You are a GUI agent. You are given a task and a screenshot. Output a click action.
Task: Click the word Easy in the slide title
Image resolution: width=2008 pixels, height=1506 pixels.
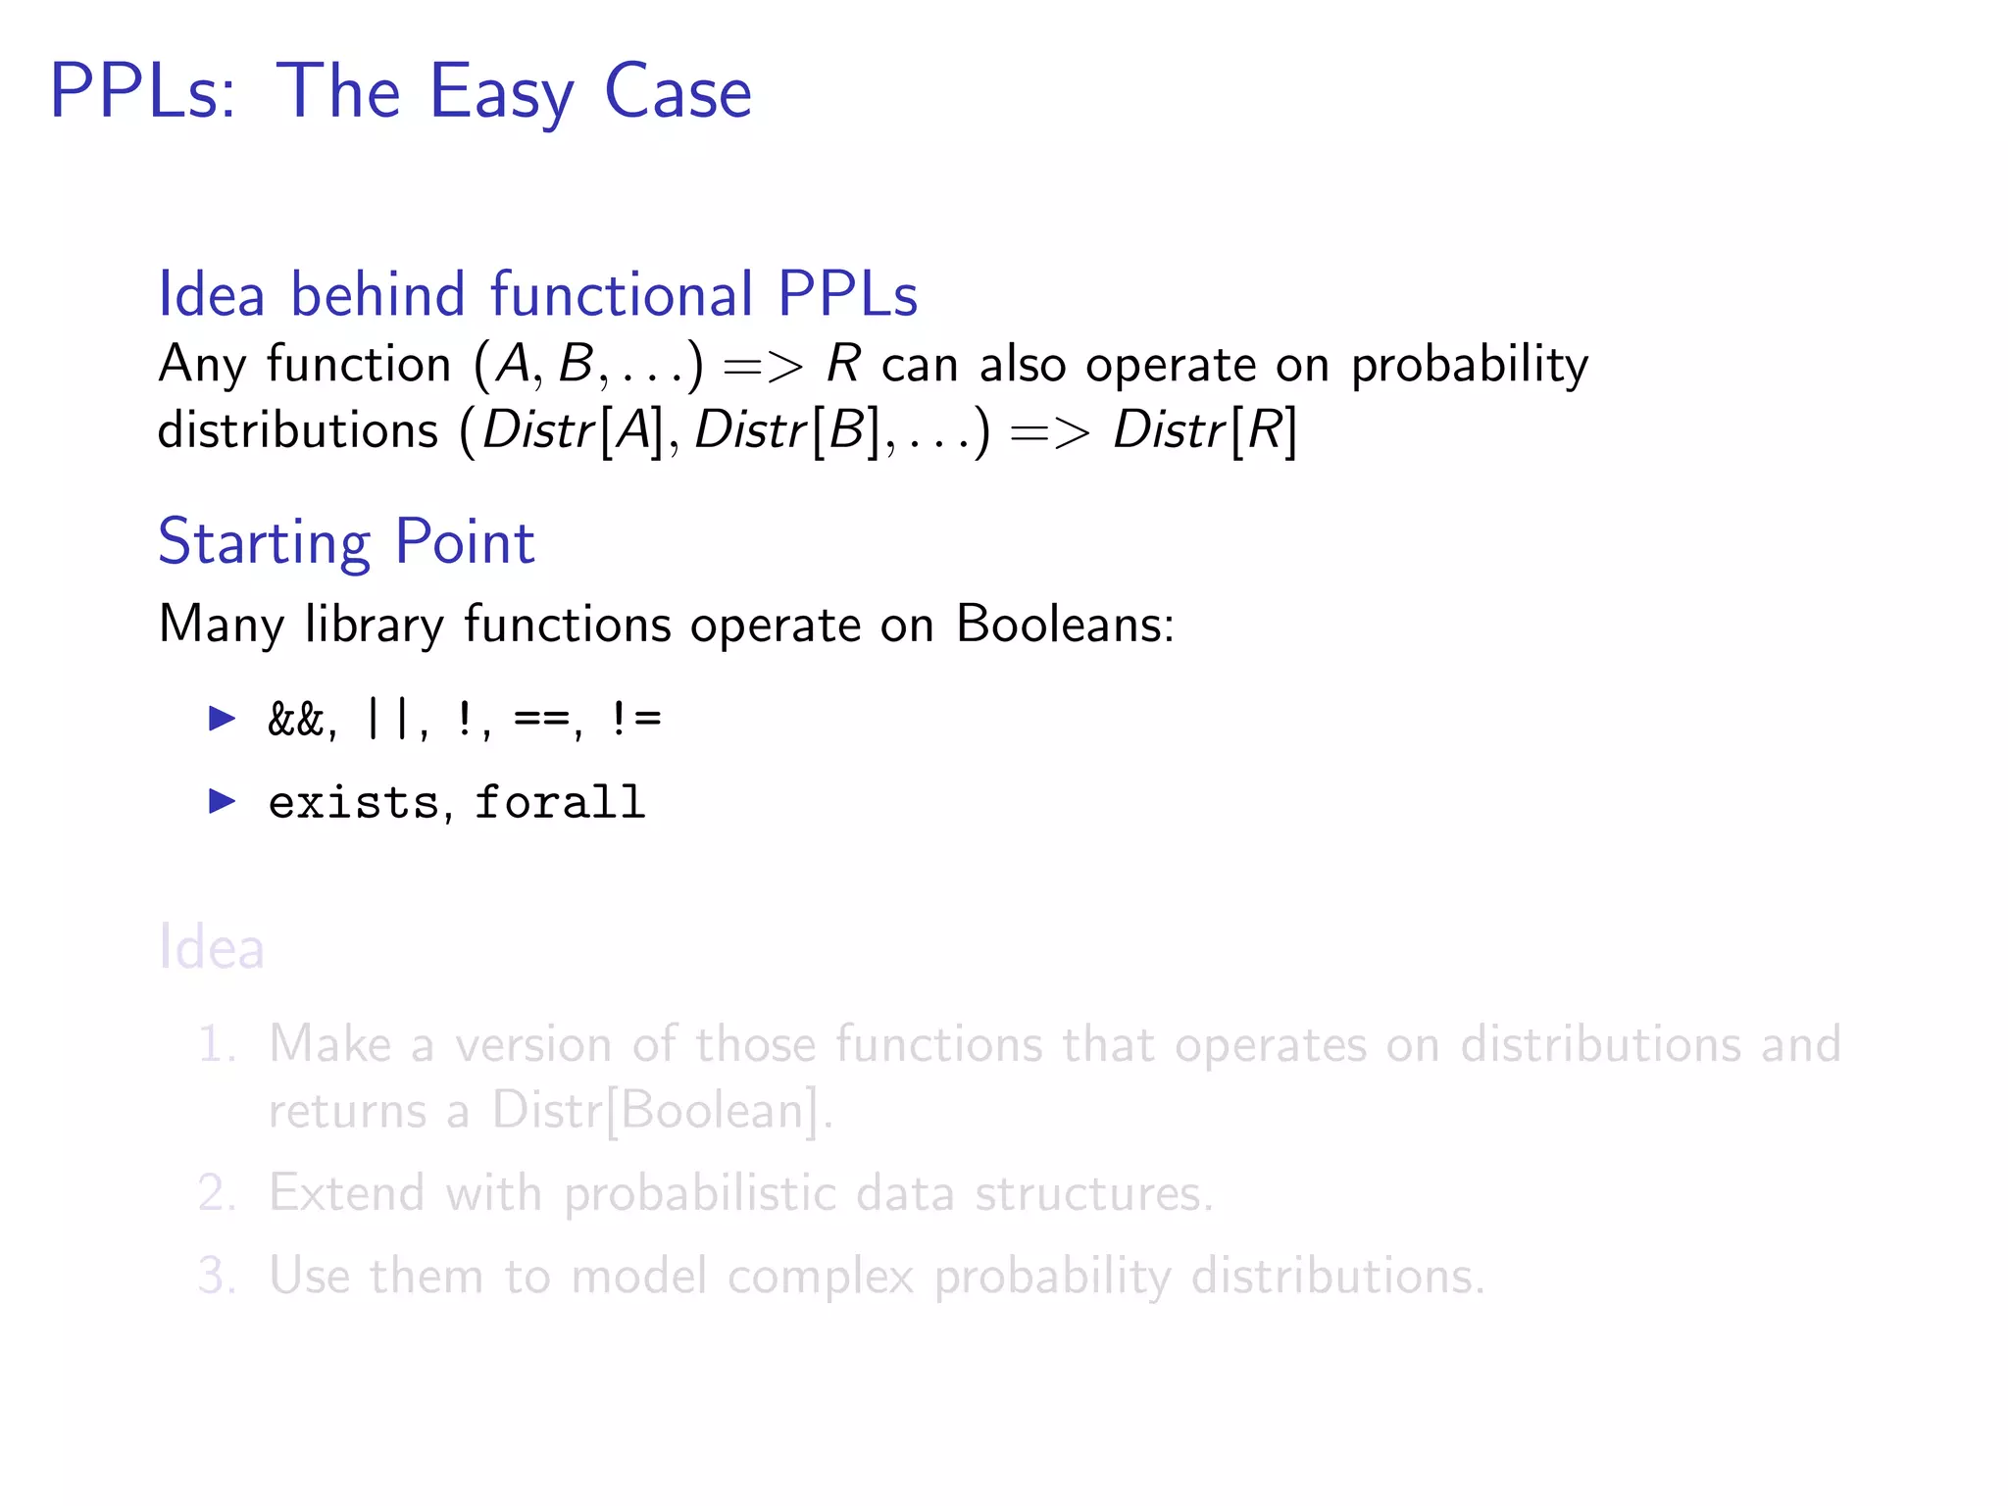coord(502,92)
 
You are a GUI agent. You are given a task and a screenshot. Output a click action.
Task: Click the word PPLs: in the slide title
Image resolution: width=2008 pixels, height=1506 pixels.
coord(143,92)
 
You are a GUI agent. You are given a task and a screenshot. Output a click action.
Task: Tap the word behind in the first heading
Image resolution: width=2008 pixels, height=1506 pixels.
coord(377,294)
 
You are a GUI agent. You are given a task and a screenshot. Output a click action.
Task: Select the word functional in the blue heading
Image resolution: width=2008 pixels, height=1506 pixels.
coord(622,294)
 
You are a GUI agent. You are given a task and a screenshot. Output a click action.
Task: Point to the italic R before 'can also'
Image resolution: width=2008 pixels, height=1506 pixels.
coord(843,365)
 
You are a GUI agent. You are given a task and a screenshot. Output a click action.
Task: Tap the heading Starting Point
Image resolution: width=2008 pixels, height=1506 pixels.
coord(346,541)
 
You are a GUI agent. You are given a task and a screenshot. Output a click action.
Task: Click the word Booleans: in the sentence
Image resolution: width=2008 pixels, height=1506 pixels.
coord(1065,624)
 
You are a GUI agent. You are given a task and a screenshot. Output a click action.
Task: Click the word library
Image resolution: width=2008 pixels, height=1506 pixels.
coord(375,624)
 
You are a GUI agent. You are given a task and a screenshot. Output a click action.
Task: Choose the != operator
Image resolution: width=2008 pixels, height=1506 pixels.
coord(635,720)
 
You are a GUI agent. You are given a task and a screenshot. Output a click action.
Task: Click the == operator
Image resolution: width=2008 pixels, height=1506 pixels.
coord(541,720)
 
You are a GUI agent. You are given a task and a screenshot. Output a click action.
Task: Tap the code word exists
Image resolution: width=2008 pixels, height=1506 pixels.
coord(354,803)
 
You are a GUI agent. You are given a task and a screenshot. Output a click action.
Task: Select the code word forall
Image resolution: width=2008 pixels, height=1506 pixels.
coord(560,803)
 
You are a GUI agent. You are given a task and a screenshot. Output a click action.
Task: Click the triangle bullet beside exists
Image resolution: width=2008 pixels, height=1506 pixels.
coord(223,802)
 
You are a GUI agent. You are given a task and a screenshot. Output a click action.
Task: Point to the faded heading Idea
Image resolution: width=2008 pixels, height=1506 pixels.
coord(212,947)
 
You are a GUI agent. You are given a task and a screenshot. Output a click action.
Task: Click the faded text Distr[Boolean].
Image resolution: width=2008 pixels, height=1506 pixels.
coord(656,1111)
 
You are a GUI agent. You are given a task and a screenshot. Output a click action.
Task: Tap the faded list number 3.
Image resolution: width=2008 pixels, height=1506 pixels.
coord(216,1276)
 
